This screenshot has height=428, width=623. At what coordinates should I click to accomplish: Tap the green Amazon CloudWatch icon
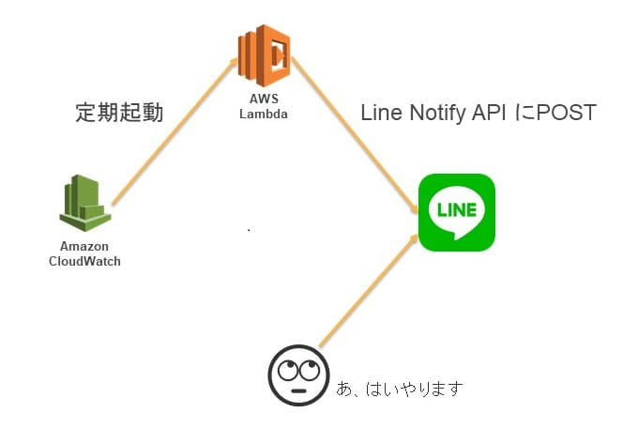[84, 203]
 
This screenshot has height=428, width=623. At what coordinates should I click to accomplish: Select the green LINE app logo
[456, 212]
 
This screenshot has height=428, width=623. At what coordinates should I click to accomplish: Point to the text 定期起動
[119, 114]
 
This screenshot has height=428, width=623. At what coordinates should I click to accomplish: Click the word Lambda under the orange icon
[263, 115]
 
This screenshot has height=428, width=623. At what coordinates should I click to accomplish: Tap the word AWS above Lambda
[263, 102]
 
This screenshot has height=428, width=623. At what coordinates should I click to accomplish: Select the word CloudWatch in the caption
[84, 260]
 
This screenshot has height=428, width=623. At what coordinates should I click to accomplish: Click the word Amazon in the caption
[84, 246]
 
